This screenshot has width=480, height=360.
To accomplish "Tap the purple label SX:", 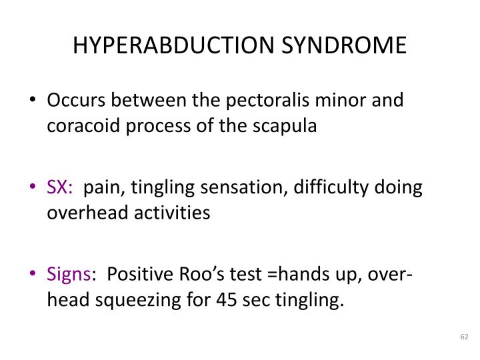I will (x=60, y=187).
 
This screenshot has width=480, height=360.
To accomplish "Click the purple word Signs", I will (x=69, y=274).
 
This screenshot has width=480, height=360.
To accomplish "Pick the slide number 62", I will (x=465, y=338).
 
